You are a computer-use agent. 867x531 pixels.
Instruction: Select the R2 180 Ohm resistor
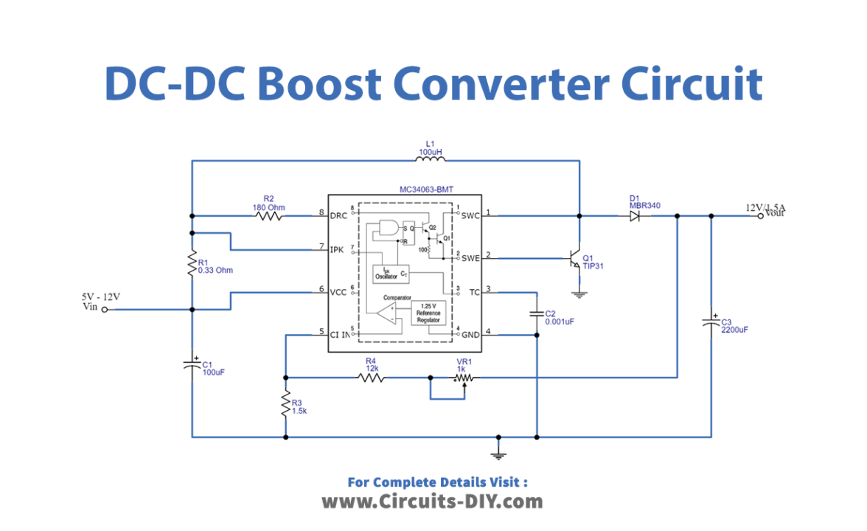pos(268,216)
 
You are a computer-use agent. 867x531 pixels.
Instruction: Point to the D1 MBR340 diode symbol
pos(635,216)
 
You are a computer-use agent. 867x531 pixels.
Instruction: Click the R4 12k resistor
pos(372,378)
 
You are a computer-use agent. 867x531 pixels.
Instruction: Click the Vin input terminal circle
pos(104,310)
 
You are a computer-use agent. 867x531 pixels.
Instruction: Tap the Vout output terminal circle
pos(761,216)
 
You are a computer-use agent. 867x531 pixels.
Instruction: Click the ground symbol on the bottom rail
pos(499,447)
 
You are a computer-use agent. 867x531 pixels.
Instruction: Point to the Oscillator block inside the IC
pos(391,274)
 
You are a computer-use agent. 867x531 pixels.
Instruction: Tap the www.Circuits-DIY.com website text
pos(432,502)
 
